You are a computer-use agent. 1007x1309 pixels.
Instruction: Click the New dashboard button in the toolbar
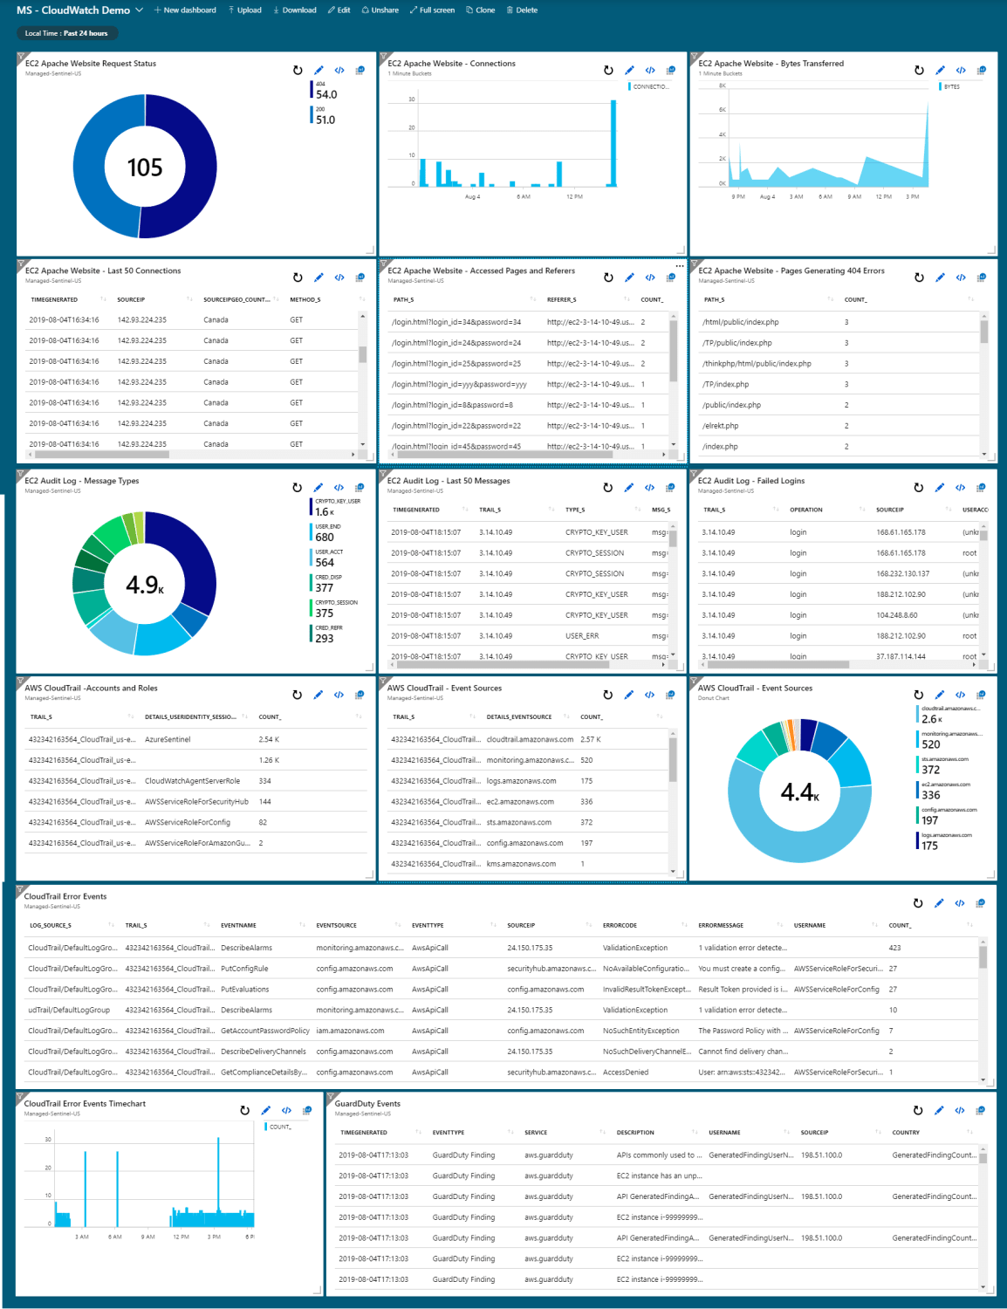(x=185, y=10)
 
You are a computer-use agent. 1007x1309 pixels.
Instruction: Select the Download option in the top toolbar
(x=295, y=10)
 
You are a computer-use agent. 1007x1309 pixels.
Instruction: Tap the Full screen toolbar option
(x=432, y=10)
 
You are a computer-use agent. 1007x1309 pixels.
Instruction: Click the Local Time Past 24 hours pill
(x=66, y=33)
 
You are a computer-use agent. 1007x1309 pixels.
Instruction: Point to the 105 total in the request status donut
(x=145, y=168)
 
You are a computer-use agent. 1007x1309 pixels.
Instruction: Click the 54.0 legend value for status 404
(x=326, y=94)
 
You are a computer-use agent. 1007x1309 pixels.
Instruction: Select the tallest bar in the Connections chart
(x=613, y=143)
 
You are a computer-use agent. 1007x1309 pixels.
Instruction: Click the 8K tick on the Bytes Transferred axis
(x=723, y=86)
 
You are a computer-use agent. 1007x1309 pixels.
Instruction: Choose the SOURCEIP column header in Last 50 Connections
(x=131, y=299)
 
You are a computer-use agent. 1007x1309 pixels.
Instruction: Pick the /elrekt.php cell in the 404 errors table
(x=721, y=426)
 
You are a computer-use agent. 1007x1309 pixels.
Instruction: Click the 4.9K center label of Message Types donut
(x=145, y=585)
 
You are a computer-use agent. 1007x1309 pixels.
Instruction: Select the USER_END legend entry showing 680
(x=325, y=537)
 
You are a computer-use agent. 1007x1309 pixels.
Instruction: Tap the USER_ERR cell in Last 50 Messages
(x=582, y=636)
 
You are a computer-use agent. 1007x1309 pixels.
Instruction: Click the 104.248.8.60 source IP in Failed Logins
(x=897, y=615)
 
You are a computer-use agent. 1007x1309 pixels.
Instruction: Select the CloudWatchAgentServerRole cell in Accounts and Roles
(x=192, y=781)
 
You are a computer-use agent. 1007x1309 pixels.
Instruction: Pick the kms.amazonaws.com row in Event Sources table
(x=521, y=864)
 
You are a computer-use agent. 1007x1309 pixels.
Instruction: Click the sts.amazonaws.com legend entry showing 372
(x=931, y=769)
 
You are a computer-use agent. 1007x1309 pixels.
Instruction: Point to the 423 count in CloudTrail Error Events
(x=894, y=948)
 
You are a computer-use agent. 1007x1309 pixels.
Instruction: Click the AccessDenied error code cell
(x=626, y=1073)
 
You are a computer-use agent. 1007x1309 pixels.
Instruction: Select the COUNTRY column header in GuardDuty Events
(x=906, y=1133)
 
